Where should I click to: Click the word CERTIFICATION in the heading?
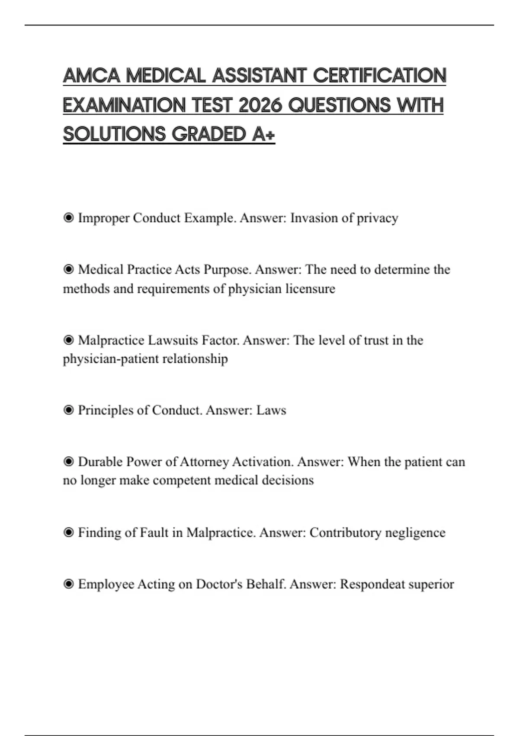point(379,76)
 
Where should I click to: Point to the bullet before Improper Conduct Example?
point(68,218)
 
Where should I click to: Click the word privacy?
point(377,218)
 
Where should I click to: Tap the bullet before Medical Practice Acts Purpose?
point(68,270)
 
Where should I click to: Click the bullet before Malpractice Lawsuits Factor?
point(68,340)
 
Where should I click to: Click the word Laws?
point(271,410)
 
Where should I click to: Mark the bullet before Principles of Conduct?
point(68,410)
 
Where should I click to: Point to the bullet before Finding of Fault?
point(68,533)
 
